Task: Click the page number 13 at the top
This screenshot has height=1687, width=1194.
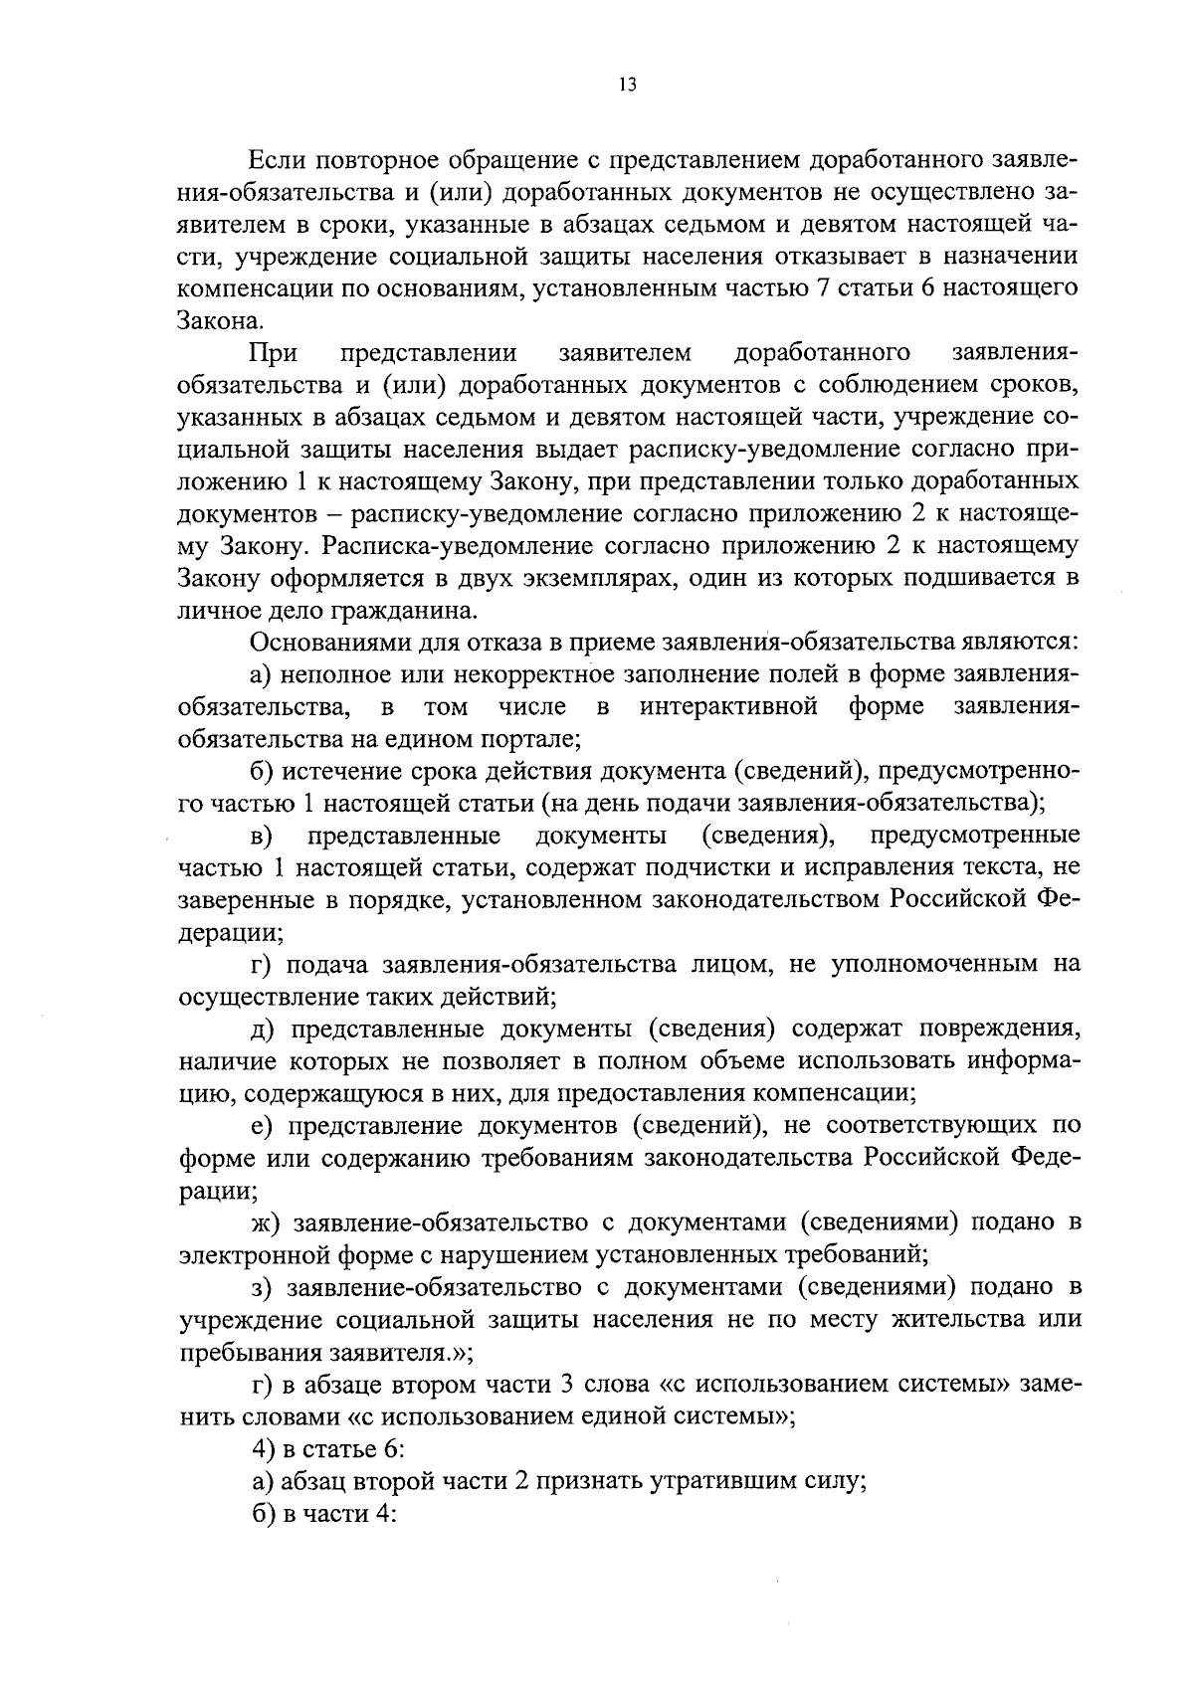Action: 626,86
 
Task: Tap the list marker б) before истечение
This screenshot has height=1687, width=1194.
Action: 261,771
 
